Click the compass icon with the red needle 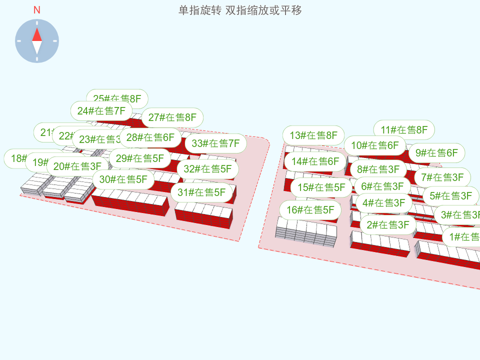tap(37, 41)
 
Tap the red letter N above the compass tap(37, 10)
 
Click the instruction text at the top tap(240, 10)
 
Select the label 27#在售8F tap(172, 117)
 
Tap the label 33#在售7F tap(216, 143)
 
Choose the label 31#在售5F tap(202, 192)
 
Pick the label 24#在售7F tap(101, 111)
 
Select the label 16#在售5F tap(310, 210)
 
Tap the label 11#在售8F tap(404, 130)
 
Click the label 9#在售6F tap(436, 153)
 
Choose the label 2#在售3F tap(387, 225)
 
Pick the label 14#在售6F tap(315, 161)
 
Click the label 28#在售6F tap(150, 137)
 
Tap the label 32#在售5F tap(207, 168)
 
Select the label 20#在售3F tap(77, 166)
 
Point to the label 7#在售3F tap(442, 177)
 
